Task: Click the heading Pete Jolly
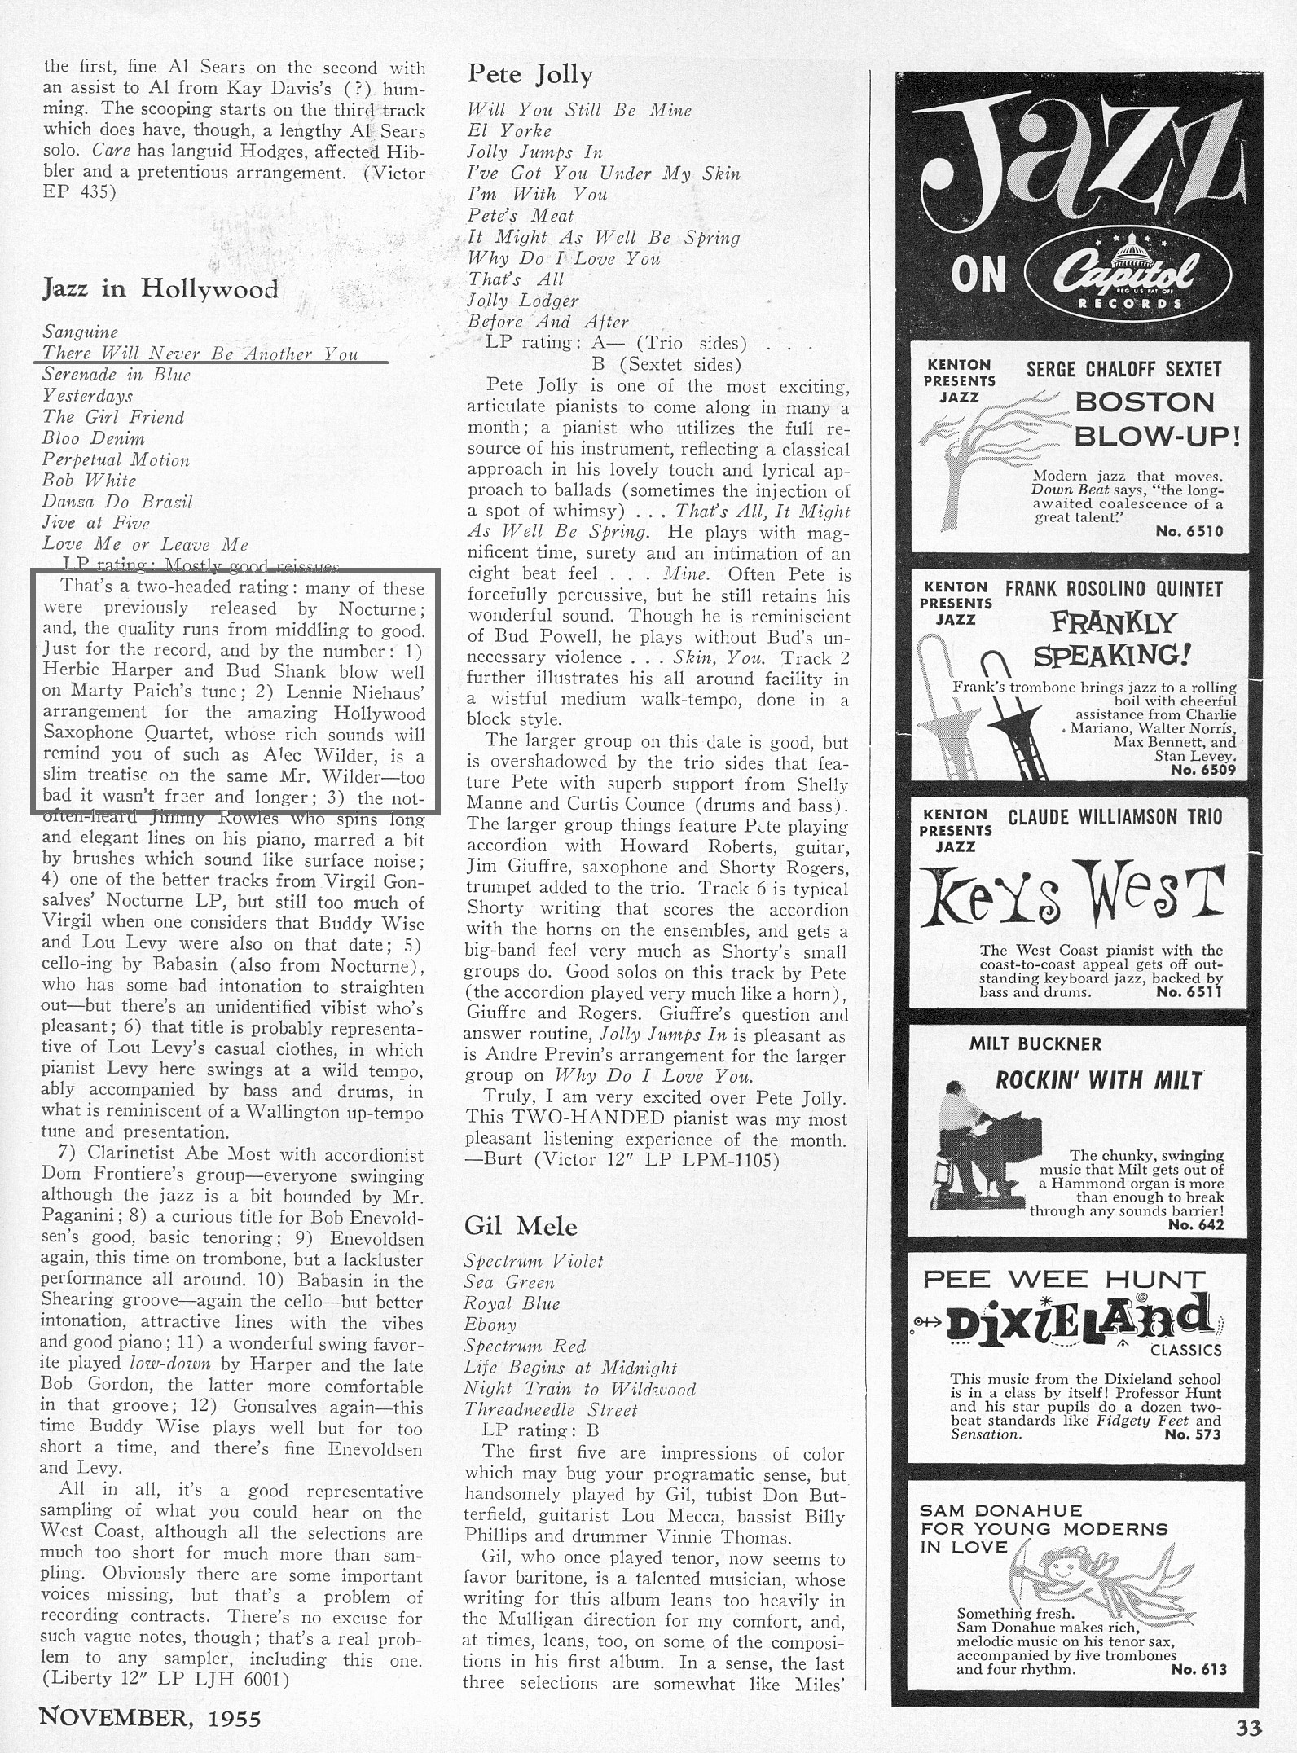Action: point(530,75)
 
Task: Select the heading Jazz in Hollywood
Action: point(160,288)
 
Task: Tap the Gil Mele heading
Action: point(521,1226)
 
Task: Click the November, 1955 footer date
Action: point(151,1717)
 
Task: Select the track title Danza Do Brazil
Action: point(117,502)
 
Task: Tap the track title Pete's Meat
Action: point(521,216)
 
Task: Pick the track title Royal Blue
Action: point(512,1303)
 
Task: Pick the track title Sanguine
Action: point(80,332)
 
